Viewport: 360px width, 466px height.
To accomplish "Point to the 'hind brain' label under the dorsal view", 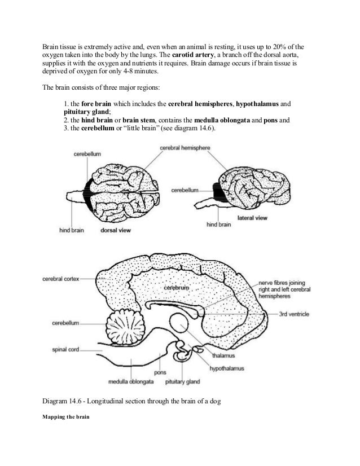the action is click(72, 230).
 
